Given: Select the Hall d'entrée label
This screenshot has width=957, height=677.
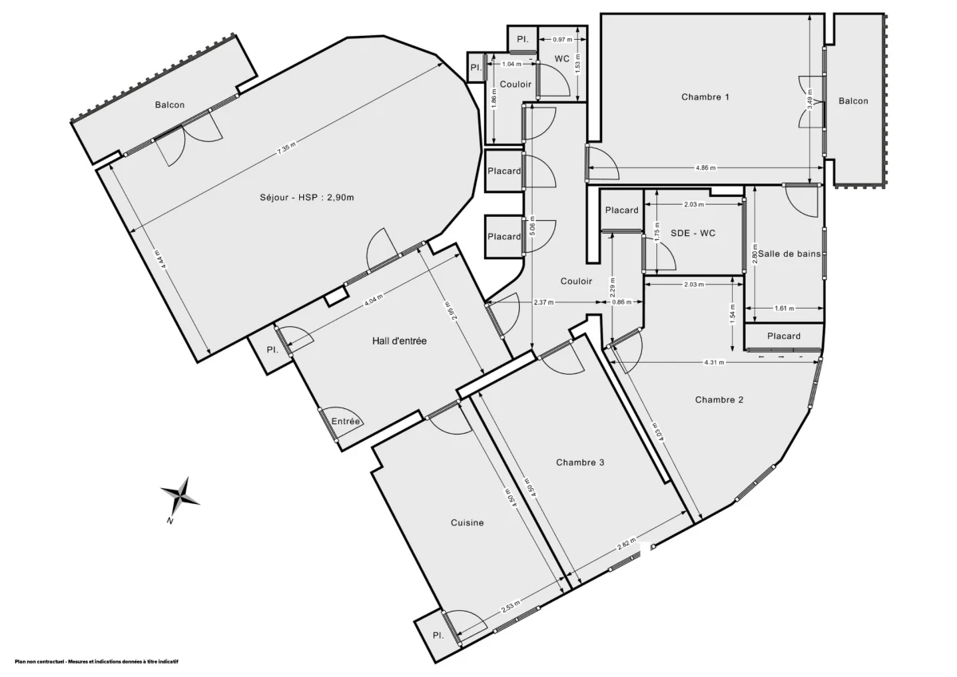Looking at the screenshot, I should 400,341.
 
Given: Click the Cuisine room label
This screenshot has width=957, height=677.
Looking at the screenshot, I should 467,523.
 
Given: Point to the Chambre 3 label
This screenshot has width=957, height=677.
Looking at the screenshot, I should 581,462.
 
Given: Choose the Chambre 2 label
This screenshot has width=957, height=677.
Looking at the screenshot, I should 719,400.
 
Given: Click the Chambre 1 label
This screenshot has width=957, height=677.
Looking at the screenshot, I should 705,97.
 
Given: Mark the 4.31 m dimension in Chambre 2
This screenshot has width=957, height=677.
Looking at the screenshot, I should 714,363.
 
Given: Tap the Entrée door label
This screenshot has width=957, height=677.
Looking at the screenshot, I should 346,422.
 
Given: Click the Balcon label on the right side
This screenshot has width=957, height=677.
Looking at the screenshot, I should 853,101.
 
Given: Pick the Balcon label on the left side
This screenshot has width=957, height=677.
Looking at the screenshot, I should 170,104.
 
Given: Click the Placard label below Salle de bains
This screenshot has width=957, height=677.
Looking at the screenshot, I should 784,337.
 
